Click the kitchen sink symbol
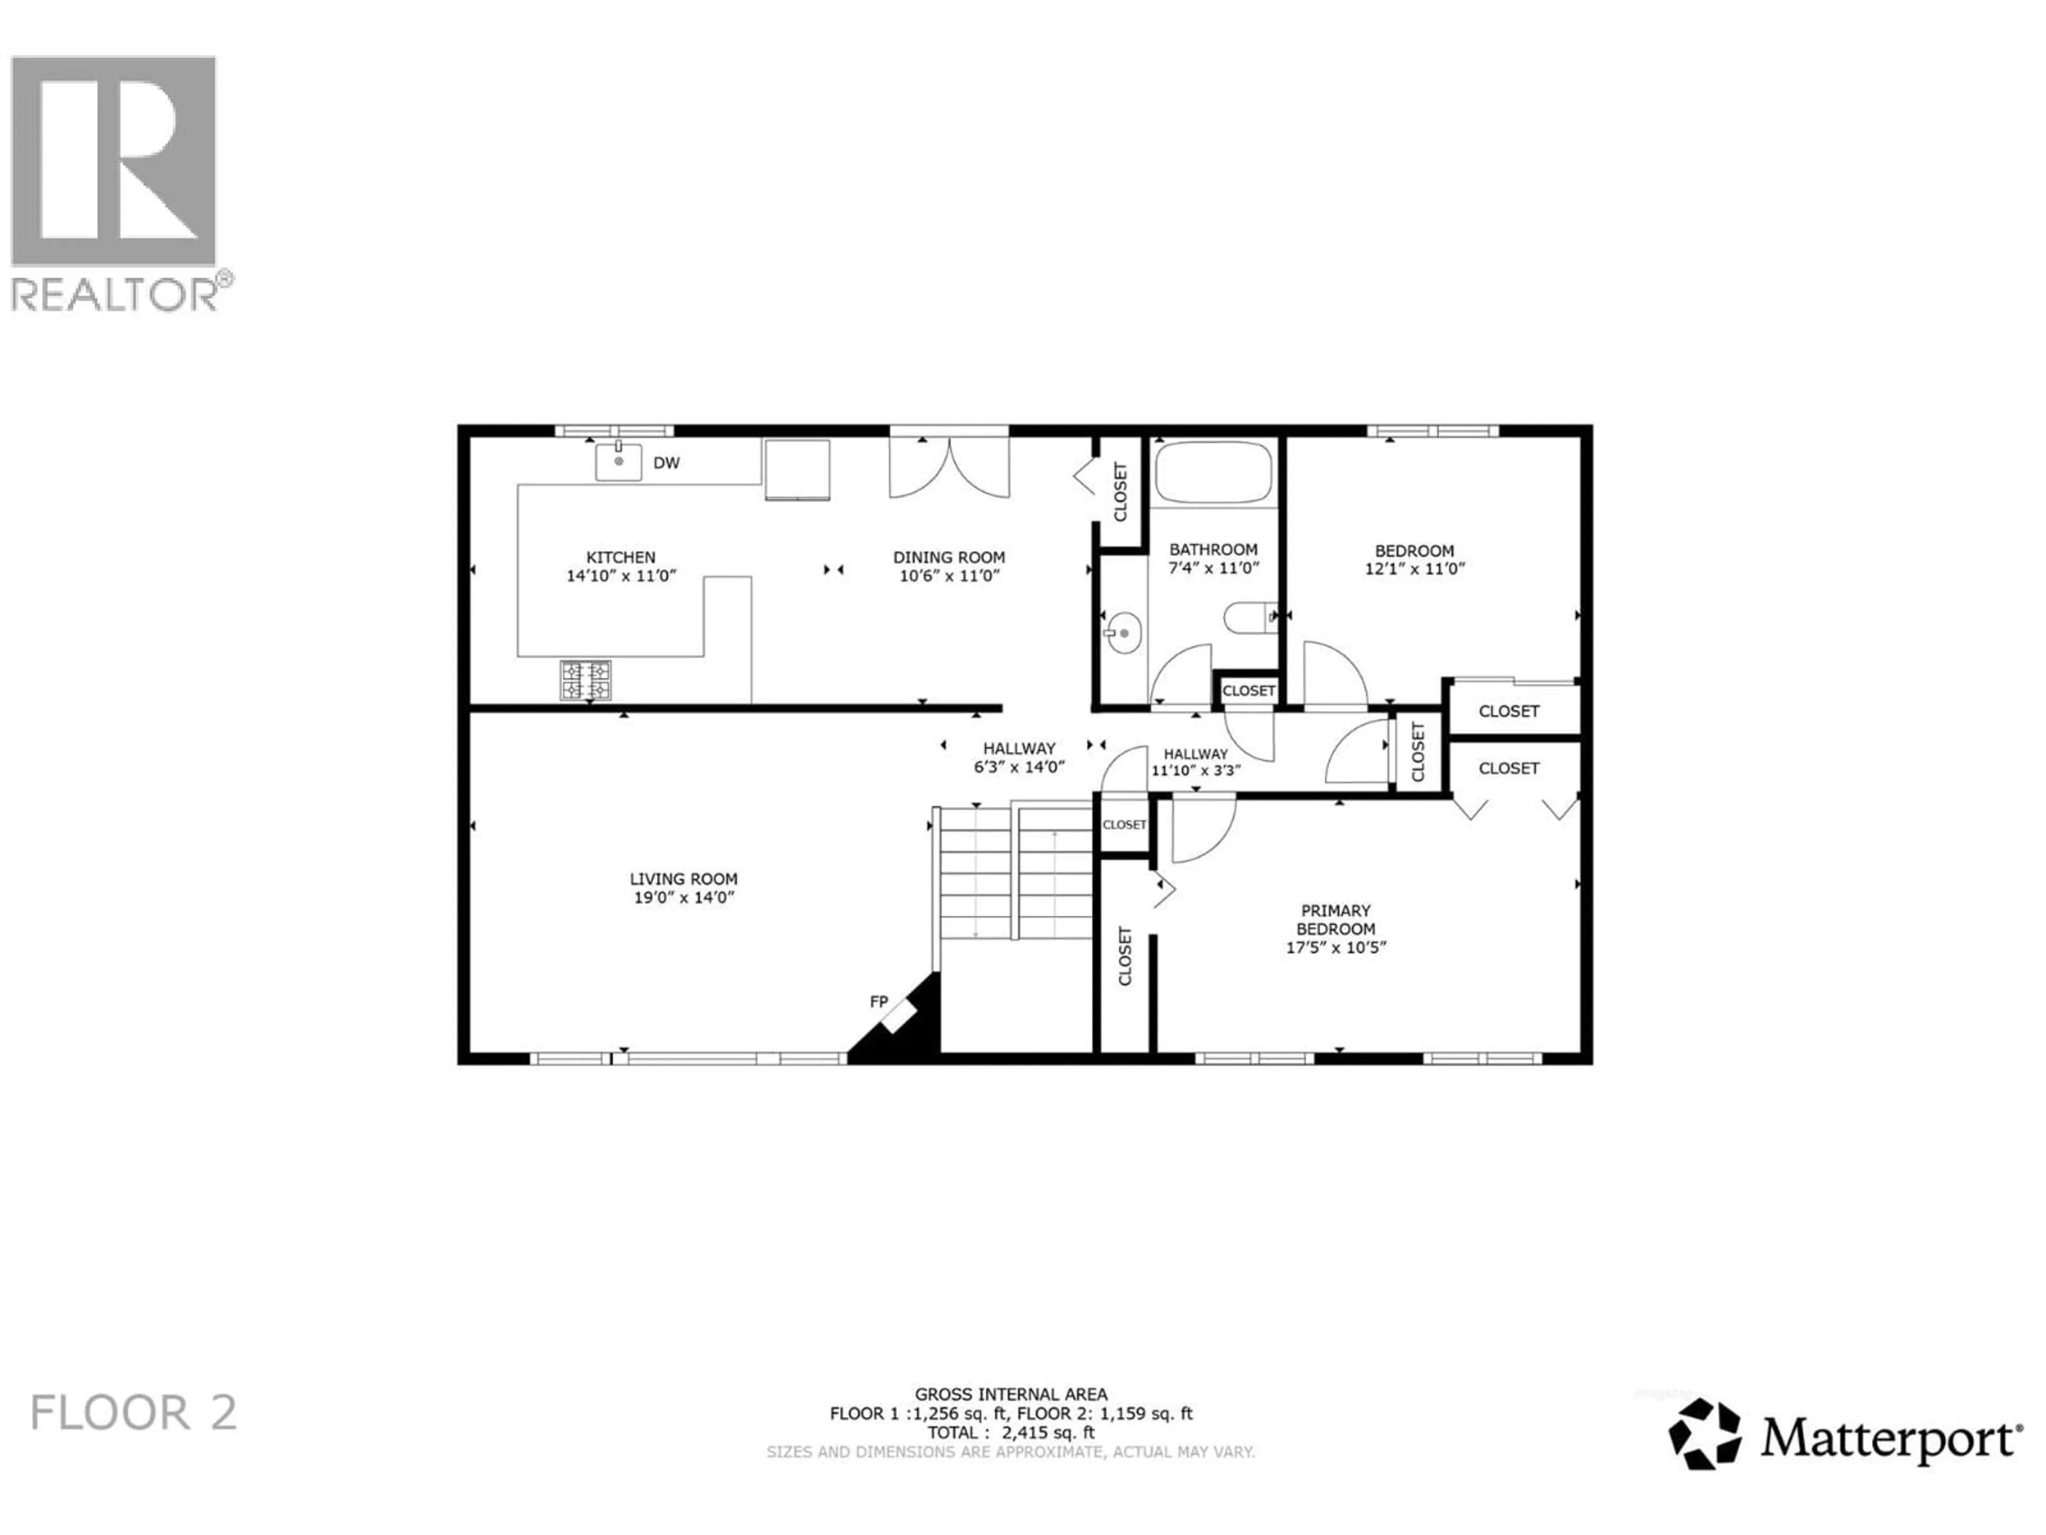pos(618,461)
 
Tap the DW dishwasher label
pos(666,463)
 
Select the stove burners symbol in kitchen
pos(586,680)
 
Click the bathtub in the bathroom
pos(1213,472)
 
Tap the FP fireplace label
pos(879,1001)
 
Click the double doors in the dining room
pos(949,467)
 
